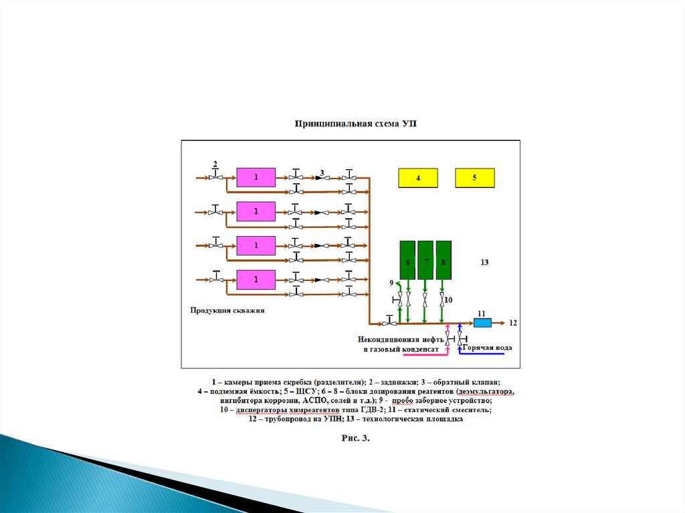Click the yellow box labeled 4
click(x=417, y=178)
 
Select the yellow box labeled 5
click(x=475, y=178)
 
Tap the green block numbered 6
click(x=407, y=260)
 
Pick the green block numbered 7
click(x=425, y=260)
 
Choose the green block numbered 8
click(x=444, y=260)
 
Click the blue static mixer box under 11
click(x=482, y=323)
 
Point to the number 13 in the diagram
click(x=484, y=262)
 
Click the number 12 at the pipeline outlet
click(x=513, y=323)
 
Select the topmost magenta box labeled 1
click(x=256, y=177)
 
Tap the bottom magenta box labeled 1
click(x=256, y=280)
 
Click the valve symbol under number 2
click(x=215, y=176)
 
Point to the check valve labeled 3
click(x=322, y=178)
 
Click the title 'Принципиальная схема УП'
click(x=356, y=124)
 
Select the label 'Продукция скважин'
click(x=227, y=310)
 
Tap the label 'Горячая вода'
click(x=487, y=348)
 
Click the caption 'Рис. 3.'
click(x=356, y=438)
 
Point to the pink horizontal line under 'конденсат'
click(x=425, y=354)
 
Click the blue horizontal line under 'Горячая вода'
click(x=482, y=354)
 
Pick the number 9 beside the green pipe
click(x=391, y=283)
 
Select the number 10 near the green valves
click(x=448, y=300)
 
